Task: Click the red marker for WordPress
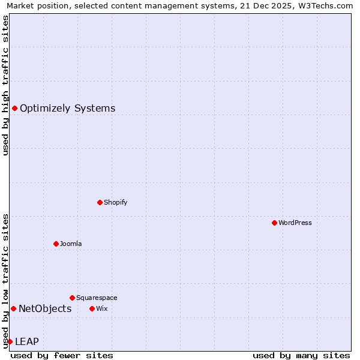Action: point(274,223)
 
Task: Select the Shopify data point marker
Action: point(100,202)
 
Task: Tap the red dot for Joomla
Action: point(56,244)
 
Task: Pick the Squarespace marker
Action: point(72,298)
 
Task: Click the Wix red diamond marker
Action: point(92,308)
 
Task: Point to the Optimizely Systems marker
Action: point(14,108)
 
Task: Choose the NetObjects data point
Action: point(13,308)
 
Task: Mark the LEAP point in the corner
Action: point(10,341)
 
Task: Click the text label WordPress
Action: point(295,223)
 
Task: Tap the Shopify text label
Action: point(116,202)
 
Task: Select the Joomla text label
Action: point(71,244)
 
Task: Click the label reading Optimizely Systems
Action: point(68,108)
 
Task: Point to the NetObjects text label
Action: point(45,308)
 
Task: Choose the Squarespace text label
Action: point(97,298)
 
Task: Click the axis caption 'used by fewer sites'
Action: point(62,355)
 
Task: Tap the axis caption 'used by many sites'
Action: point(301,355)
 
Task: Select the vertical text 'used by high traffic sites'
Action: point(5,85)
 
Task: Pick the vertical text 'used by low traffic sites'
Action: point(5,281)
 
